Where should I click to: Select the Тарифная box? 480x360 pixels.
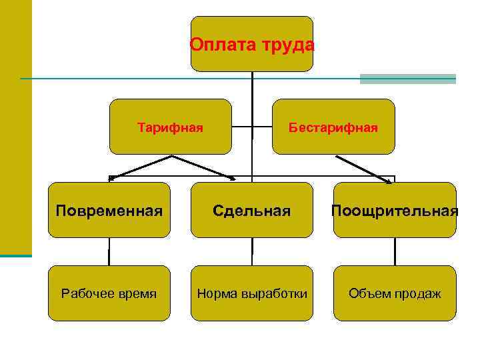click(170, 127)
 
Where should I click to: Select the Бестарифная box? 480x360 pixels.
click(333, 127)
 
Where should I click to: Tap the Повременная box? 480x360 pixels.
click(109, 211)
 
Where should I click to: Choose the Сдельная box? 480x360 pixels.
click(252, 211)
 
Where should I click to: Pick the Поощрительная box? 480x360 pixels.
click(395, 211)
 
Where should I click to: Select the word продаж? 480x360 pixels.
click(418, 294)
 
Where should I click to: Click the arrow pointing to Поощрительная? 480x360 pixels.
click(363, 169)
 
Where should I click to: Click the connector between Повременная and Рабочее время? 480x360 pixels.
click(109, 251)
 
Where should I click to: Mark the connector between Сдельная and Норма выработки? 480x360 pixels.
click(252, 251)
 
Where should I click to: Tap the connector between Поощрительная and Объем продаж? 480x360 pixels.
click(395, 251)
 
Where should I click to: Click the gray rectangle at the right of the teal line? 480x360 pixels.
click(407, 79)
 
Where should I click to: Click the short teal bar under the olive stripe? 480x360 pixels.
click(16, 255)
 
